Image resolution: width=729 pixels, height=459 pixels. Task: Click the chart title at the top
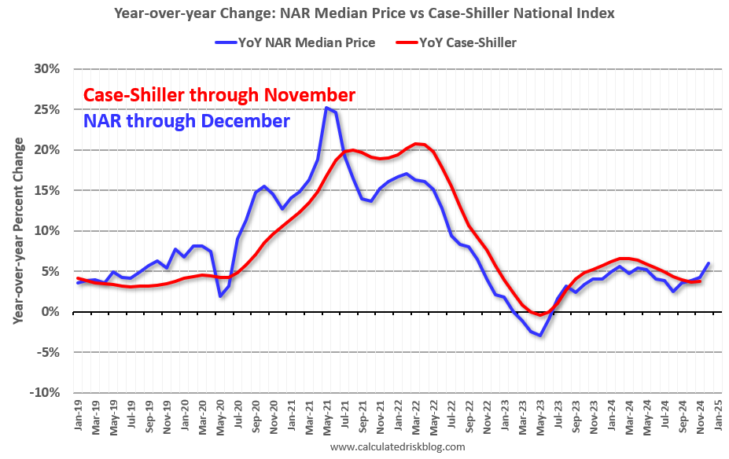point(364,13)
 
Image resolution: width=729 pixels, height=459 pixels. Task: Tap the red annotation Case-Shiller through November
point(219,95)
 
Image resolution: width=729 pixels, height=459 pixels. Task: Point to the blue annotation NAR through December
point(186,121)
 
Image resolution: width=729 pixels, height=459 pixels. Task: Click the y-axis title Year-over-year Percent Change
point(17,231)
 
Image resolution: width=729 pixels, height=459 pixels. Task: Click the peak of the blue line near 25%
point(326,108)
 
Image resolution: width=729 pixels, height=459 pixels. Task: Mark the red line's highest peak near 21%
point(417,144)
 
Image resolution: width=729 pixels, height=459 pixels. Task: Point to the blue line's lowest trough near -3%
point(540,336)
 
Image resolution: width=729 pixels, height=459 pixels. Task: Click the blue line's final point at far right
point(709,263)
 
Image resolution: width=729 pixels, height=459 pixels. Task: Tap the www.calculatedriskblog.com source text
point(397,446)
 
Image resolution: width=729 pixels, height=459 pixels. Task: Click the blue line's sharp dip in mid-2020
point(220,296)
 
